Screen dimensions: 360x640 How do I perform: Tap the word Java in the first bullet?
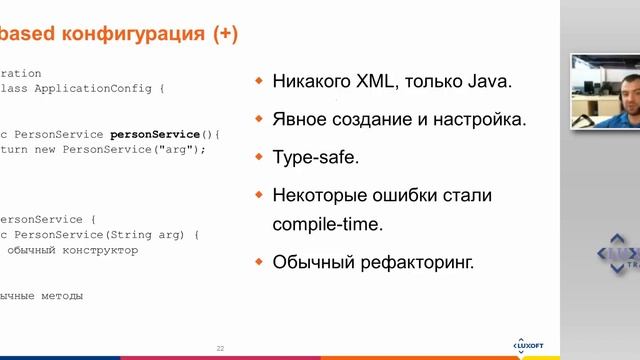pos(488,81)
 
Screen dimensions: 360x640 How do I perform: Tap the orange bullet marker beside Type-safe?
pos(260,156)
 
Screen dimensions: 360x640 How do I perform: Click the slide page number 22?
pos(220,348)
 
